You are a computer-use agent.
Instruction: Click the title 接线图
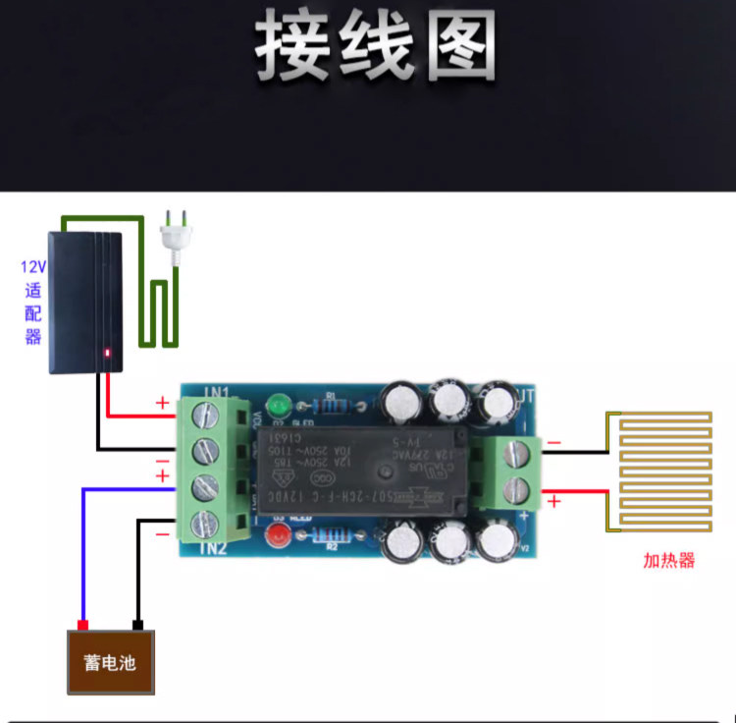tap(377, 47)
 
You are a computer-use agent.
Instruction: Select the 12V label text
tap(33, 266)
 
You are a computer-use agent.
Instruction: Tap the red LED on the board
tap(278, 536)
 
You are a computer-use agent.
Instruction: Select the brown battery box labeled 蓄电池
tap(110, 662)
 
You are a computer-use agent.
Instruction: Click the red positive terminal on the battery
tap(83, 625)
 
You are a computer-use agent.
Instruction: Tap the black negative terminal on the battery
tap(138, 625)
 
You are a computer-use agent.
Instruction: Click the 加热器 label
tap(668, 561)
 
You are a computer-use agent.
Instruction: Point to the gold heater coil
tap(663, 471)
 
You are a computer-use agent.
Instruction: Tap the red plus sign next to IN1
tap(162, 402)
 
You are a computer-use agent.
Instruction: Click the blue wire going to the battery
tap(83, 550)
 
